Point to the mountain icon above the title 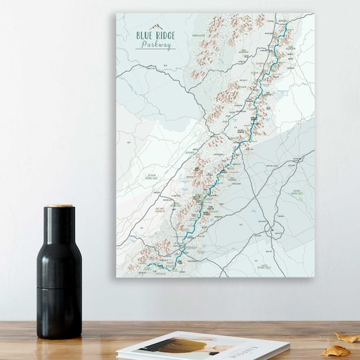(156, 26)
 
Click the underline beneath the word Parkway (155, 49)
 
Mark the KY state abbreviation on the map (128, 143)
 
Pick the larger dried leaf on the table (335, 350)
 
